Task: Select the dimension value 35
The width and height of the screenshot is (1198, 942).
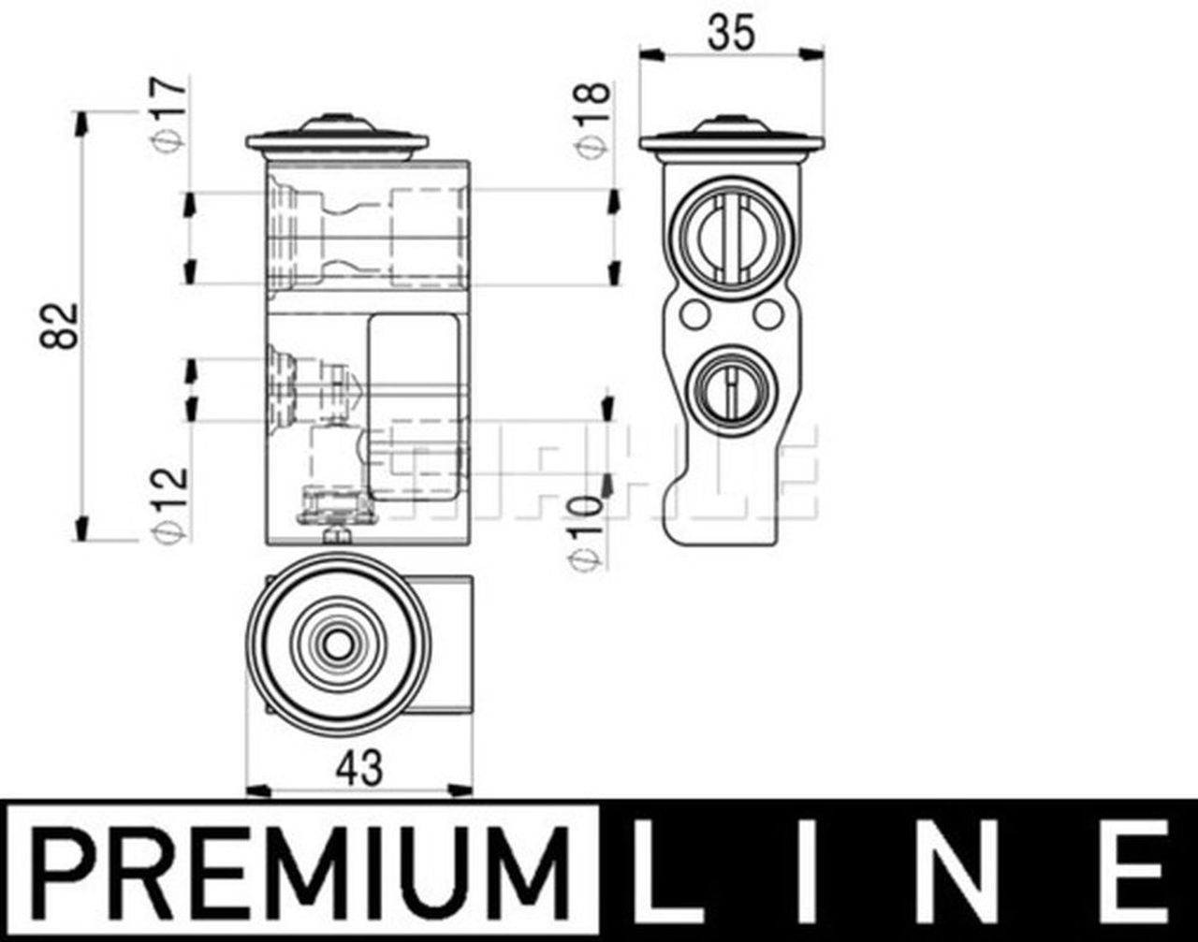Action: pos(731,33)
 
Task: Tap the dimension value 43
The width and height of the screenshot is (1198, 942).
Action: pos(360,768)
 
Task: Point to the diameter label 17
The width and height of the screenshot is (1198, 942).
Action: pos(168,115)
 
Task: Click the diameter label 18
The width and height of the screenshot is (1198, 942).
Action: pos(593,120)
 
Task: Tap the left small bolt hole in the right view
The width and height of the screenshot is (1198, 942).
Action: pos(694,314)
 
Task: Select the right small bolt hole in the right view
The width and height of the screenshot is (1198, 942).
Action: pos(768,314)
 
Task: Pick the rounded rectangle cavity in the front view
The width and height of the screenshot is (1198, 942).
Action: pos(414,407)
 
